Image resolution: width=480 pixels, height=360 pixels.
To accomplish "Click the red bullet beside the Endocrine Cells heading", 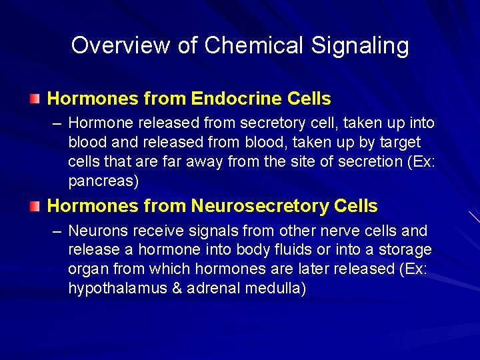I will click(35, 99).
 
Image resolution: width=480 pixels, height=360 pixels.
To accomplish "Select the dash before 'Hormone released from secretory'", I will click(58, 123).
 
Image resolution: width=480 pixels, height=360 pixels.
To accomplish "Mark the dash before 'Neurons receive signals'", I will click(58, 231).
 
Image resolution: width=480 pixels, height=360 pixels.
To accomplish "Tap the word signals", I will click(210, 231).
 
